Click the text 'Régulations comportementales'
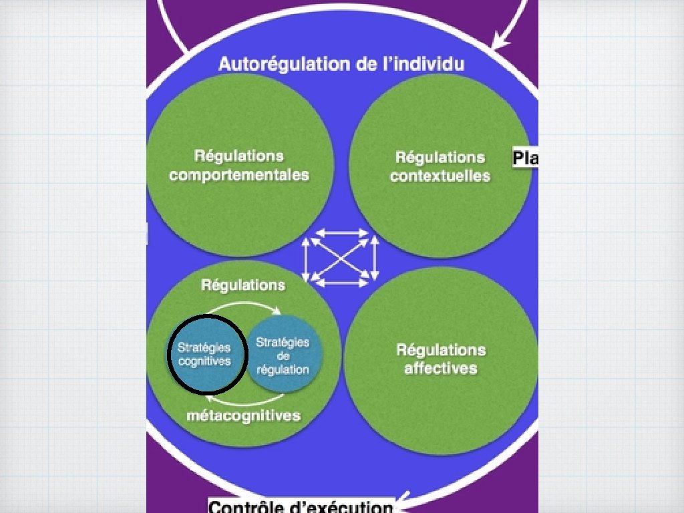239,166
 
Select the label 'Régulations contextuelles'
440,166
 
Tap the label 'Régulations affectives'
441,359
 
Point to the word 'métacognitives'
243,415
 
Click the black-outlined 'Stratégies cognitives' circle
206,354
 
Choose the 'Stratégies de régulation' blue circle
284,356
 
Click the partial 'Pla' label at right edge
525,158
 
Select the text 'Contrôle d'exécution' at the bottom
301,506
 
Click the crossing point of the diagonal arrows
341,259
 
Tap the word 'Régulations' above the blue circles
243,285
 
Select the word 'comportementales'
239,175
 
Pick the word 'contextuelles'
440,176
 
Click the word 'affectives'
441,368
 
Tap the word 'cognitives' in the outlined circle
204,361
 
